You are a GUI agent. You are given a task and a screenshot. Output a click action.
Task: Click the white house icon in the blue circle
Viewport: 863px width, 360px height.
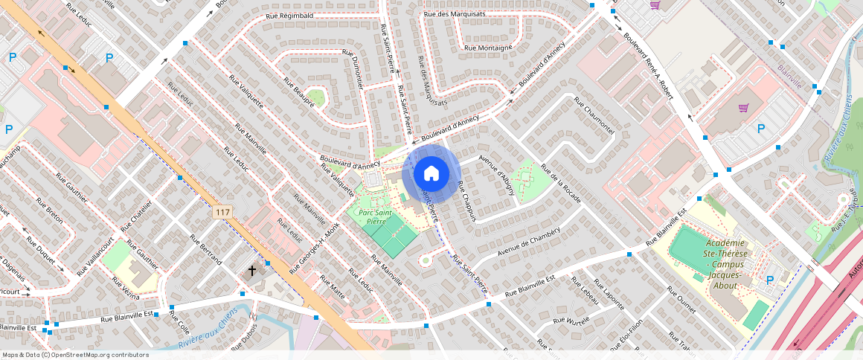click(x=431, y=174)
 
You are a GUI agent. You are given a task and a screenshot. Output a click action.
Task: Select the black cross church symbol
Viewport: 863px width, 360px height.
click(x=252, y=271)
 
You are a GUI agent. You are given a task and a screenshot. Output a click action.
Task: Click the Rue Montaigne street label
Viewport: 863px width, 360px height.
click(x=488, y=48)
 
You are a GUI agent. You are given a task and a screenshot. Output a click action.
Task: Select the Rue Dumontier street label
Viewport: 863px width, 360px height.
click(x=355, y=71)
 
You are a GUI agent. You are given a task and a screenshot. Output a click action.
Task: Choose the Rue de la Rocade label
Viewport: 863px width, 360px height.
click(x=561, y=183)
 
